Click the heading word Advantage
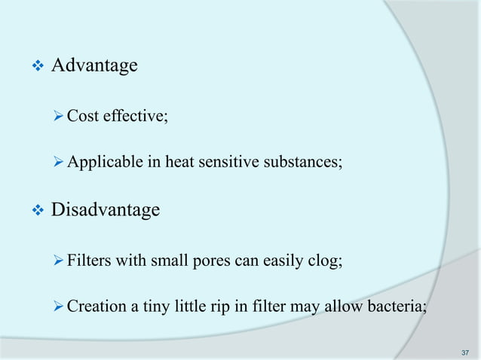pyautogui.click(x=93, y=66)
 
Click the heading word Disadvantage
pyautogui.click(x=105, y=209)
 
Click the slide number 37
pyautogui.click(x=464, y=352)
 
